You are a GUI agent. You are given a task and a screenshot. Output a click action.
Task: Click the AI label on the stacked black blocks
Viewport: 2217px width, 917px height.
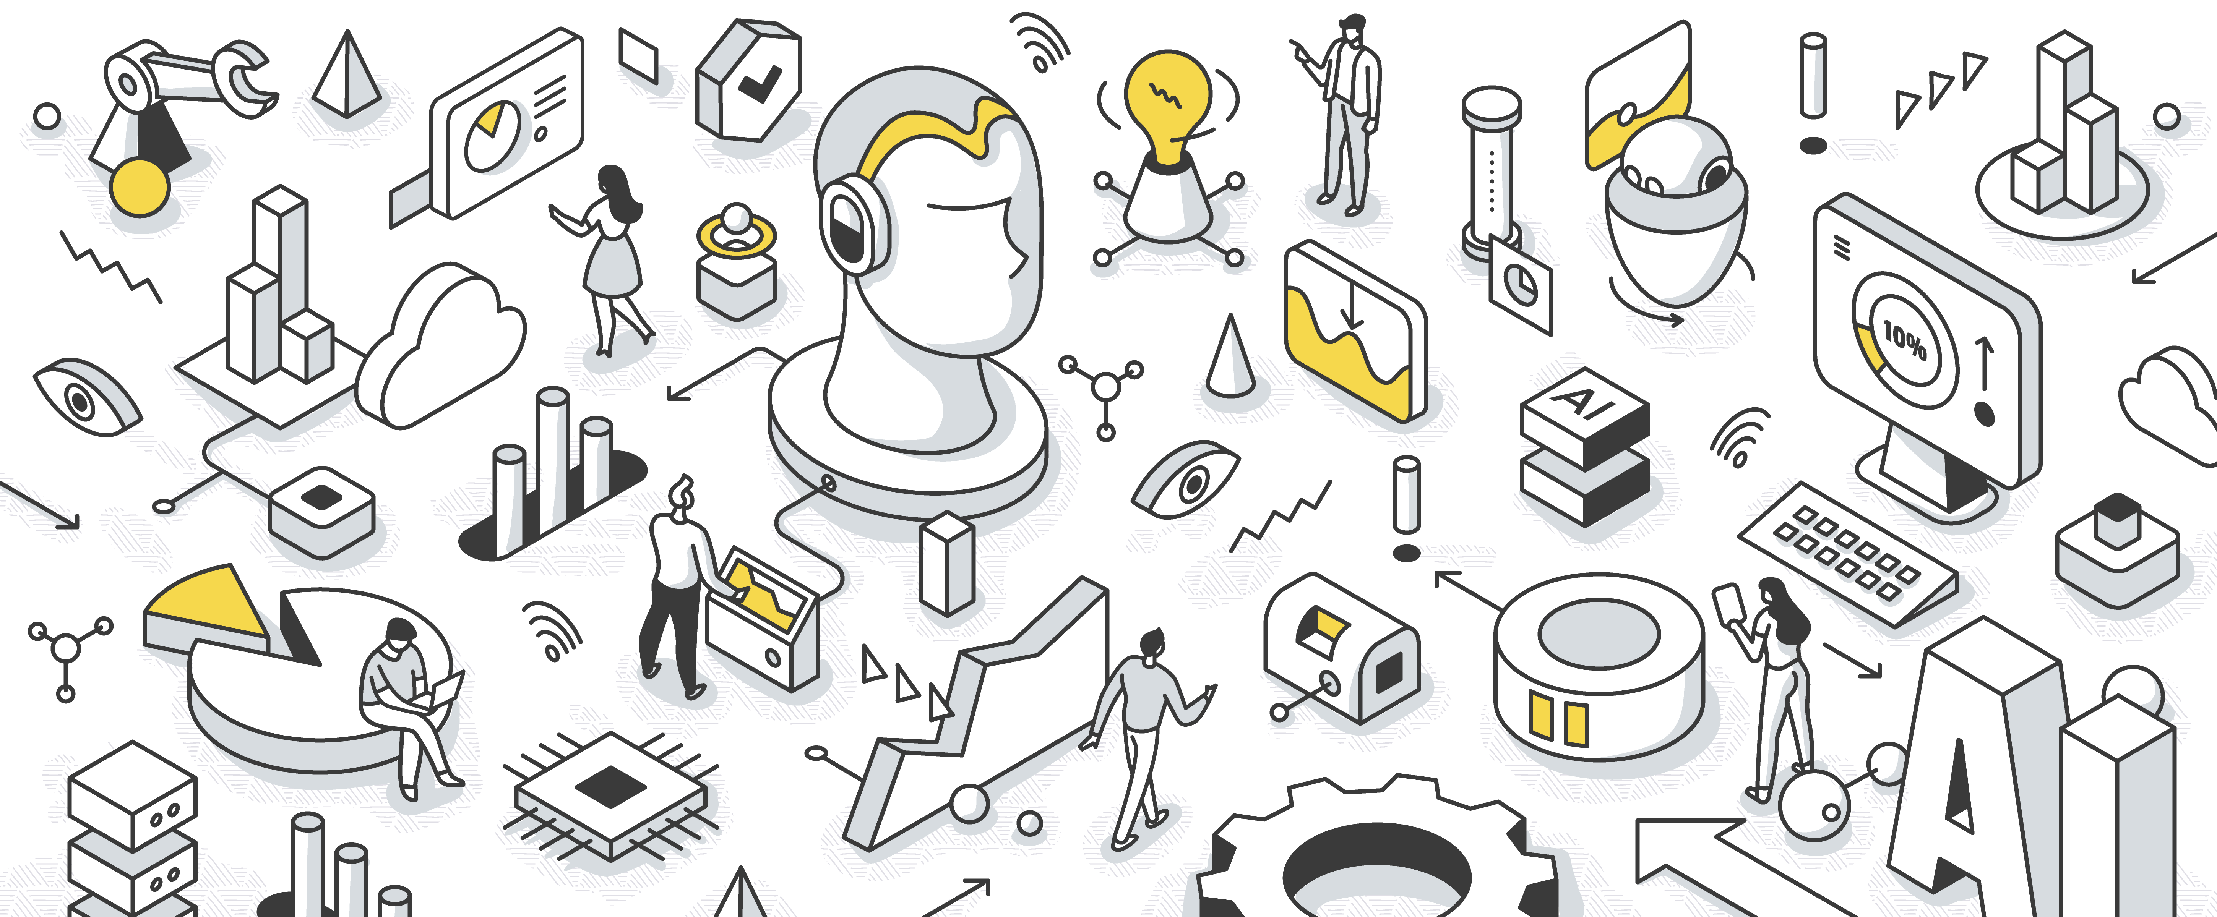[1582, 401]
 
